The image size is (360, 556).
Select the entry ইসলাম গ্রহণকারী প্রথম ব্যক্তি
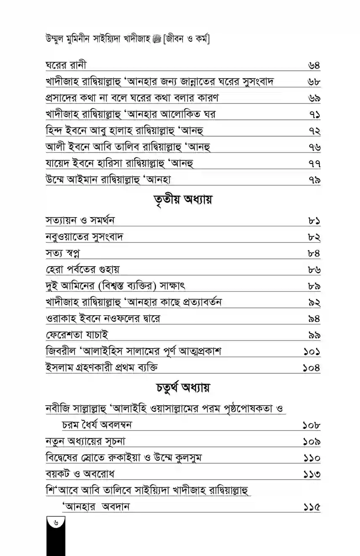click(102, 368)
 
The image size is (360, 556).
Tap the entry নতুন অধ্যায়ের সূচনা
click(86, 441)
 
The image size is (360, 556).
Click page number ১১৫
click(311, 507)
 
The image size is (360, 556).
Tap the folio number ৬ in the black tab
click(55, 521)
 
